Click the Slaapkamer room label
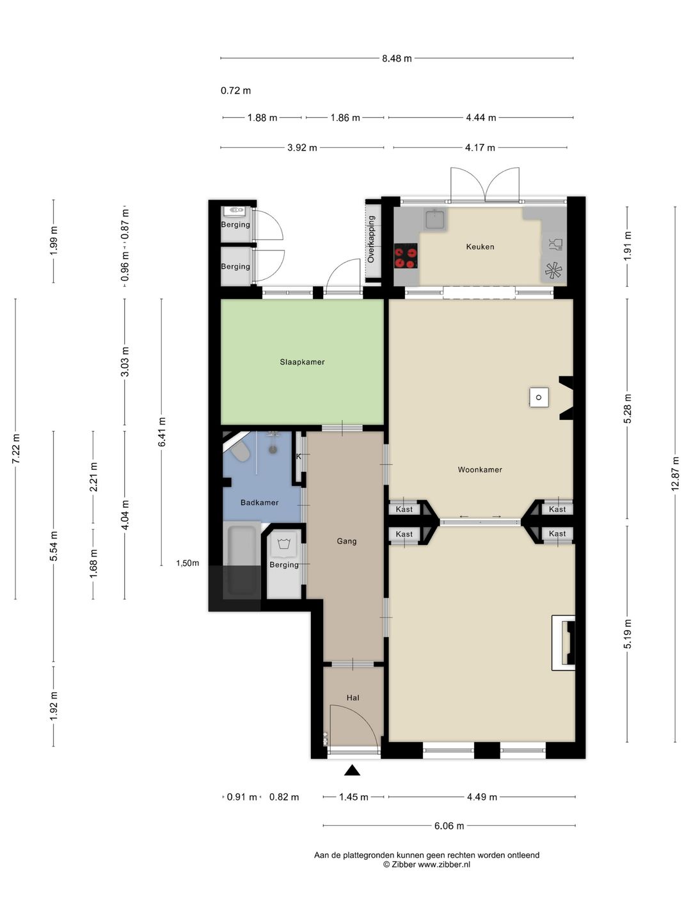tap(302, 362)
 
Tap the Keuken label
tap(480, 247)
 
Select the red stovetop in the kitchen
tap(406, 256)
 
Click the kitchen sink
tap(435, 220)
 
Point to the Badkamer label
tap(259, 503)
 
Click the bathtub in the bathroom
tap(242, 559)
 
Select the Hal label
tap(353, 698)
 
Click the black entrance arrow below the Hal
tap(353, 770)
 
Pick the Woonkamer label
tap(480, 469)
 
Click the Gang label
tap(347, 541)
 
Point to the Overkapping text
tap(371, 239)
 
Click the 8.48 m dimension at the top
tap(397, 58)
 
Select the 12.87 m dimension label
tap(675, 473)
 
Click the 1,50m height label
tap(187, 563)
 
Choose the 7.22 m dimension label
tap(16, 449)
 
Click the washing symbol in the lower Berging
tap(285, 544)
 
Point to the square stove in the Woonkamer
tap(539, 397)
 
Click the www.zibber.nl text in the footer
tap(444, 864)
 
